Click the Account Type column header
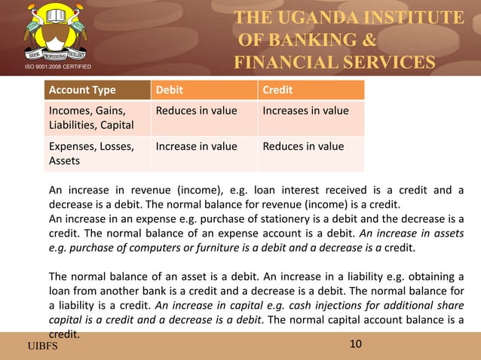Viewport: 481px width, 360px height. tap(82, 91)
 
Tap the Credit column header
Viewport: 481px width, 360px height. tap(277, 91)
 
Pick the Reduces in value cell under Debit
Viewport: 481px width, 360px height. tap(196, 111)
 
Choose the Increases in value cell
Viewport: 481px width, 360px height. tap(305, 111)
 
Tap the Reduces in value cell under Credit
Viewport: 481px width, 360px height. tap(303, 146)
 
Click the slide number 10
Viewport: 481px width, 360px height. tap(357, 344)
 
